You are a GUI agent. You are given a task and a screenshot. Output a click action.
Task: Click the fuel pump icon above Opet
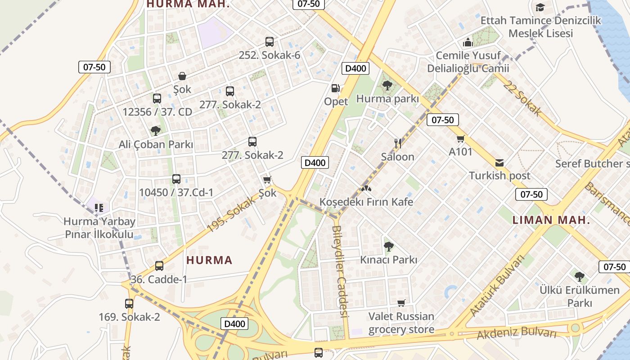pos(335,88)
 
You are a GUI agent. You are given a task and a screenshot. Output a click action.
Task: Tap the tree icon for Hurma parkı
pos(387,85)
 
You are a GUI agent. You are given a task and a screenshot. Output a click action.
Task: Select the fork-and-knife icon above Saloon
pos(397,144)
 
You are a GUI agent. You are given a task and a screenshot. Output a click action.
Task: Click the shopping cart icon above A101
pos(460,139)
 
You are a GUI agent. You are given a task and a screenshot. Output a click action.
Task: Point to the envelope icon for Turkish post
pos(499,162)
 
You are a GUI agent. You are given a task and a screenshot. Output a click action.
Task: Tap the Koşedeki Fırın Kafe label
pos(366,202)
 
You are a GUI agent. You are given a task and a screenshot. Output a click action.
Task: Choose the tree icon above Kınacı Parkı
pos(388,247)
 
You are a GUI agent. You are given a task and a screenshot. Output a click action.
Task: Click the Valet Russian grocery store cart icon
pos(401,303)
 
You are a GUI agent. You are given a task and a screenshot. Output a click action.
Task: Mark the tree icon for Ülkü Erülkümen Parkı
pos(580,276)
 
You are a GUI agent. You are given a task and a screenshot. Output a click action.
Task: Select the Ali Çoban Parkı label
pos(156,144)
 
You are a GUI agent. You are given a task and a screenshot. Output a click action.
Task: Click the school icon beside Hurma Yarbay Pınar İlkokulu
pos(99,208)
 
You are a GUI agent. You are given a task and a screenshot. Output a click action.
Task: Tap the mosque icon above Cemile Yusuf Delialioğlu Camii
pos(468,43)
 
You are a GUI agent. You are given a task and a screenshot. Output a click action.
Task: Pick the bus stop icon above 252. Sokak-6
pos(269,42)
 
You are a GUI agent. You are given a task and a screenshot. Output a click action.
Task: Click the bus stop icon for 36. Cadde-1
pos(159,266)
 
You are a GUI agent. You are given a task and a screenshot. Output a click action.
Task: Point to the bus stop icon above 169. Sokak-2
pos(129,304)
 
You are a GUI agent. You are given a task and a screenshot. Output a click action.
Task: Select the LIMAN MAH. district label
pos(551,220)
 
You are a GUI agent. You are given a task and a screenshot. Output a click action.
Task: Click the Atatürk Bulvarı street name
pos(497,285)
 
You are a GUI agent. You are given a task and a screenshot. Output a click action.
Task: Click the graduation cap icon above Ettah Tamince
pos(540,7)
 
